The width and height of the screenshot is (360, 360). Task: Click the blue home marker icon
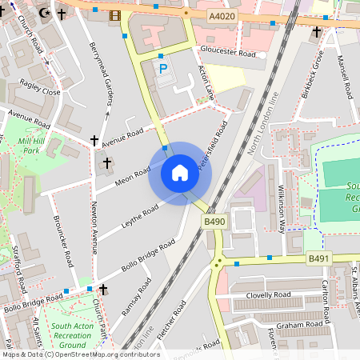[x=180, y=173]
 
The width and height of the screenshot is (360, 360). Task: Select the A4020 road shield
[x=222, y=16]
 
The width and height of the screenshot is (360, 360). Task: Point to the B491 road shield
[x=318, y=258]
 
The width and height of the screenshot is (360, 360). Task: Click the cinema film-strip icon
[x=116, y=15]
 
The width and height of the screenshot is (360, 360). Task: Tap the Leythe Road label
[x=138, y=215]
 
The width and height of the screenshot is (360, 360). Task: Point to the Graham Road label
[x=306, y=324]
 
